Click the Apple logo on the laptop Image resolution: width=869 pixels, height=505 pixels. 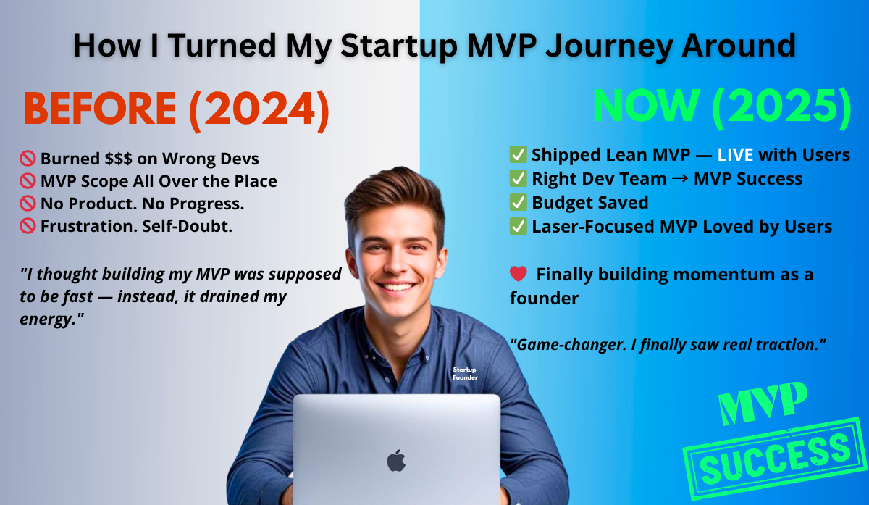click(x=396, y=461)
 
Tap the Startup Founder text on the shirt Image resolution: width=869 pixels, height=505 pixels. click(x=464, y=373)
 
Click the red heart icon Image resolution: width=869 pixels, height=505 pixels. click(x=518, y=275)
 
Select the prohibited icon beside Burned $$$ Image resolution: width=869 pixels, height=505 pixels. click(x=28, y=159)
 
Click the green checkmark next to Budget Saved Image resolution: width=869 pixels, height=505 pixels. click(x=518, y=202)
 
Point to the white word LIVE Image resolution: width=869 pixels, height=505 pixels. click(x=736, y=154)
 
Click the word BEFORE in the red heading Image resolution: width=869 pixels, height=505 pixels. click(x=100, y=109)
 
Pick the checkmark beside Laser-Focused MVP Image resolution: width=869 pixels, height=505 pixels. click(x=518, y=227)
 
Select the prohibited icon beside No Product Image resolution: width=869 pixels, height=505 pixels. click(x=28, y=204)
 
